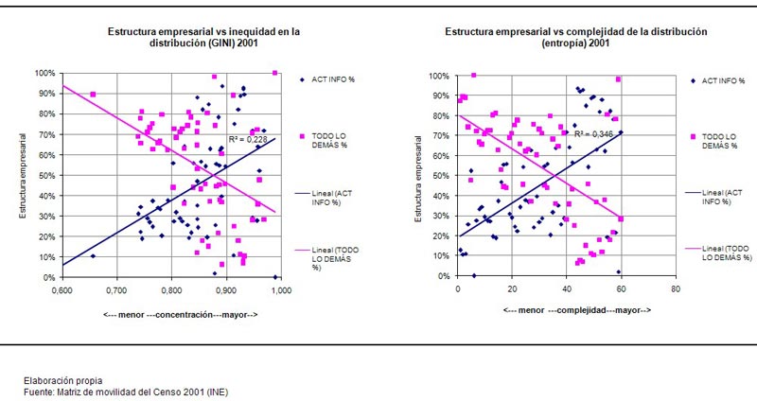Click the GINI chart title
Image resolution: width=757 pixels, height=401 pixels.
click(x=203, y=37)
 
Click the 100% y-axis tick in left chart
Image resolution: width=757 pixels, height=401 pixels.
click(x=45, y=73)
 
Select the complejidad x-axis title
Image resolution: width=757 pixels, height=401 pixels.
click(x=567, y=310)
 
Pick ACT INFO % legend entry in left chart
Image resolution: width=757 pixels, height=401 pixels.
click(x=333, y=79)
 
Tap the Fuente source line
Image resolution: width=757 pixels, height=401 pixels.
click(x=126, y=391)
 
